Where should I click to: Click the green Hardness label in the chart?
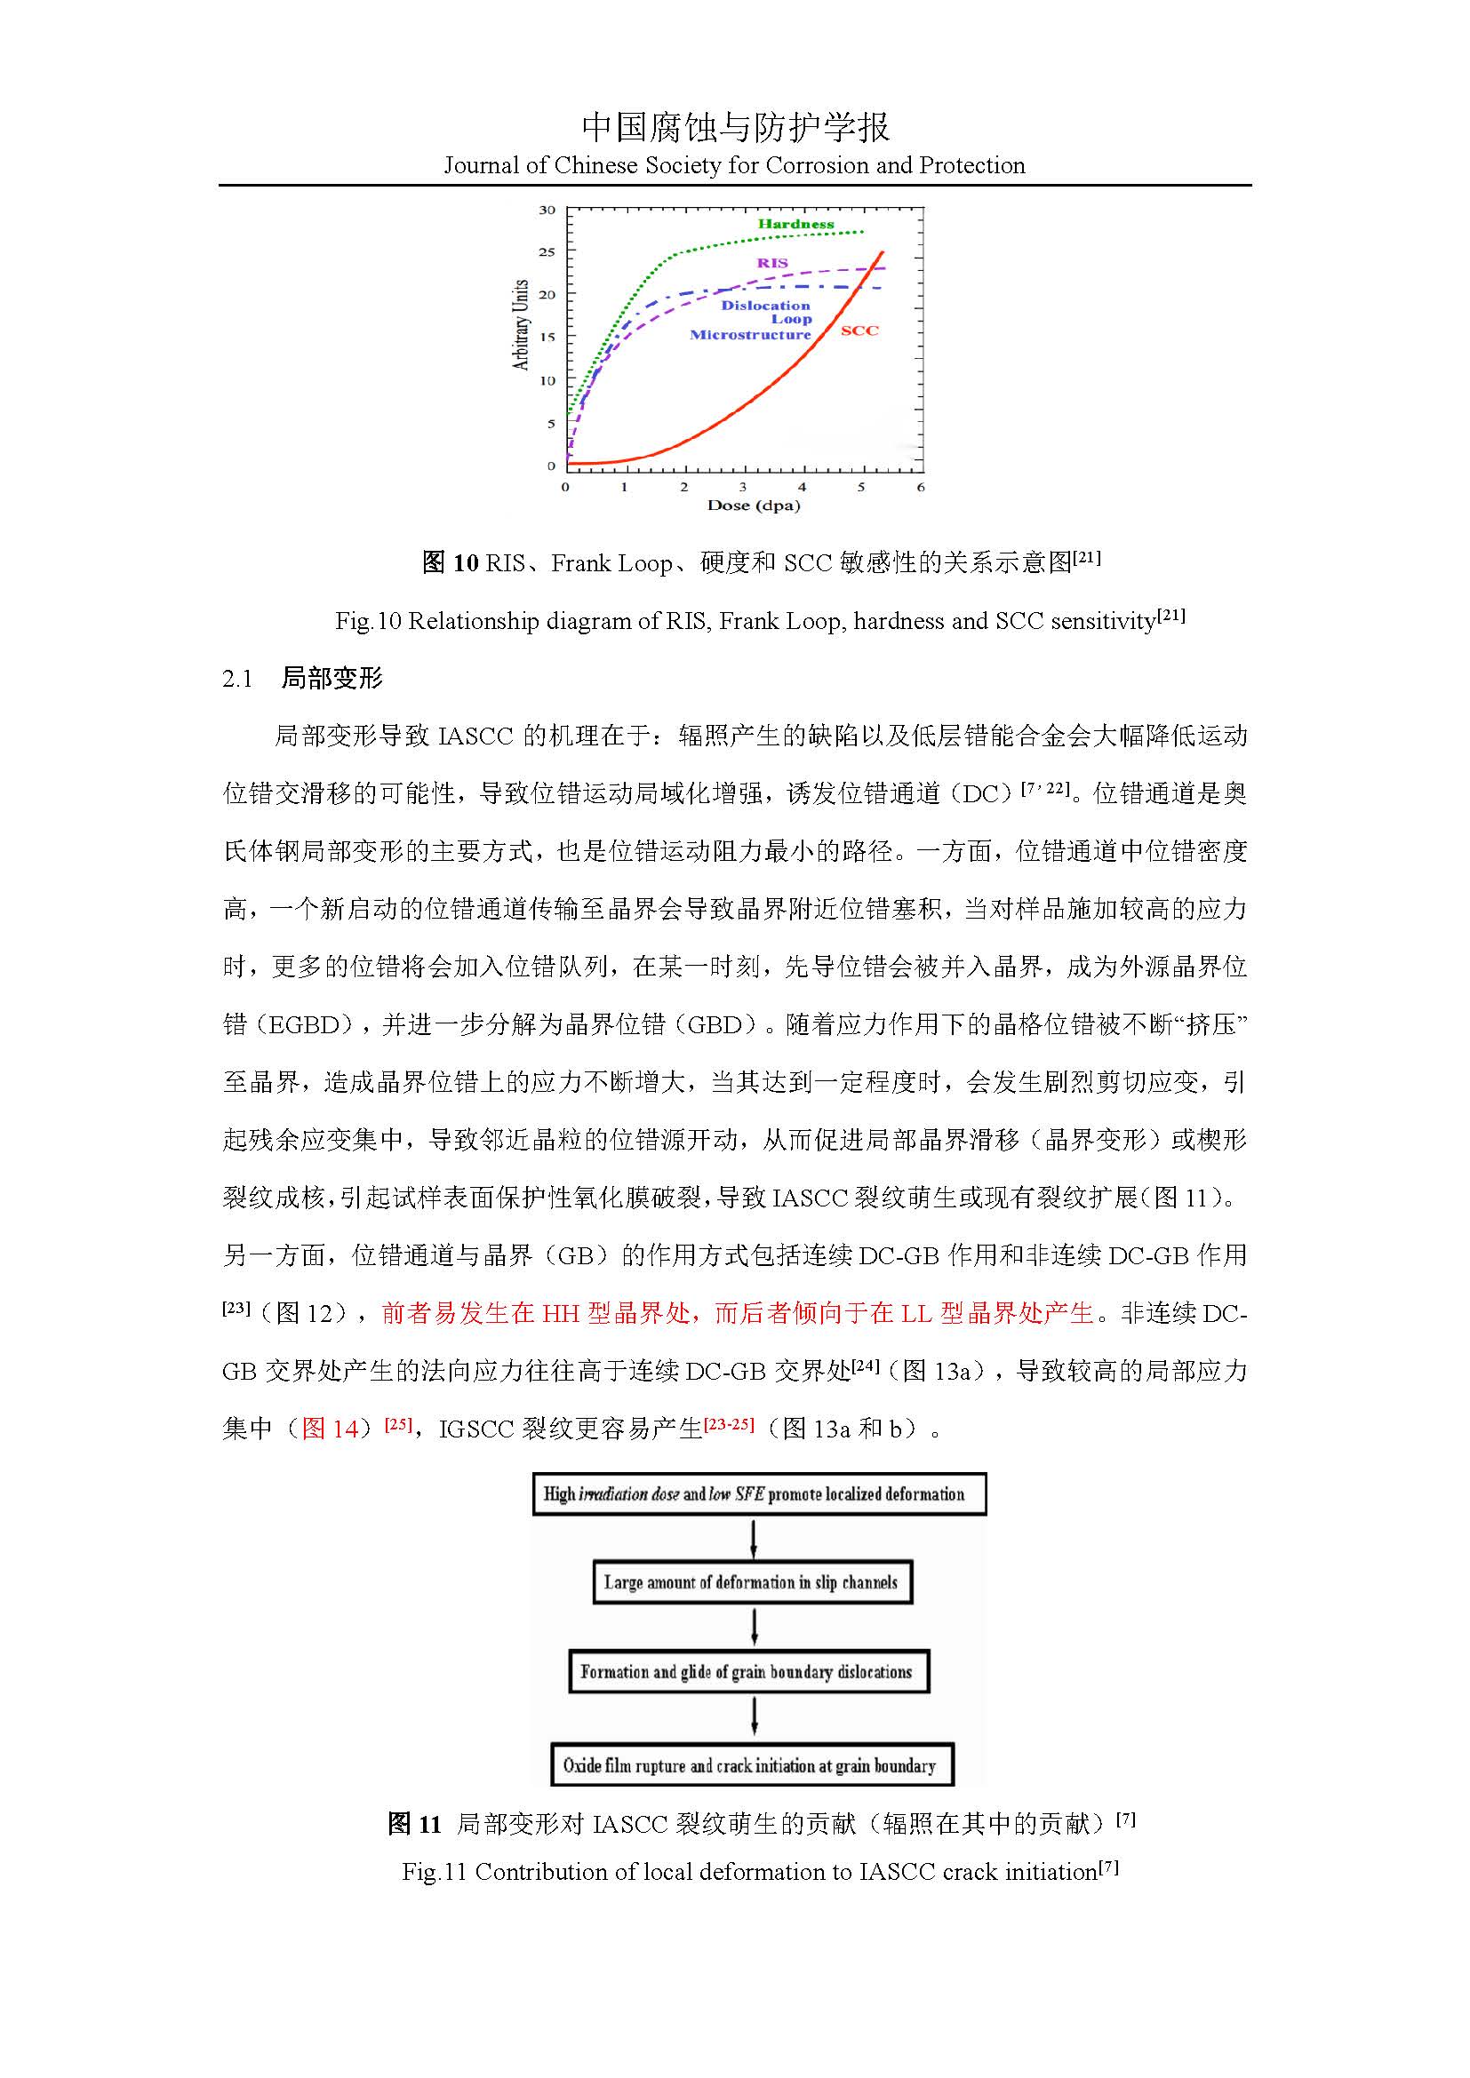click(x=795, y=224)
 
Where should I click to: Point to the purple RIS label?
click(x=772, y=262)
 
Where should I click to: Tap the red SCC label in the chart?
click(x=859, y=330)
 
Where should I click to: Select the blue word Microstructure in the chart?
click(x=750, y=335)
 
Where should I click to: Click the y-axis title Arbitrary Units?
click(x=521, y=324)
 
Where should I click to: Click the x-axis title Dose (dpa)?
click(x=753, y=505)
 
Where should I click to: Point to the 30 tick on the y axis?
click(x=547, y=210)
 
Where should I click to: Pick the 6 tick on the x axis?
click(x=921, y=487)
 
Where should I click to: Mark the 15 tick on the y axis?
click(x=547, y=337)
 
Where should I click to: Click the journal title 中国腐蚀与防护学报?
click(x=735, y=128)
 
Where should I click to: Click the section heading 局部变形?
click(x=332, y=678)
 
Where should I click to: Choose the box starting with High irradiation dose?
click(x=758, y=1494)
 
